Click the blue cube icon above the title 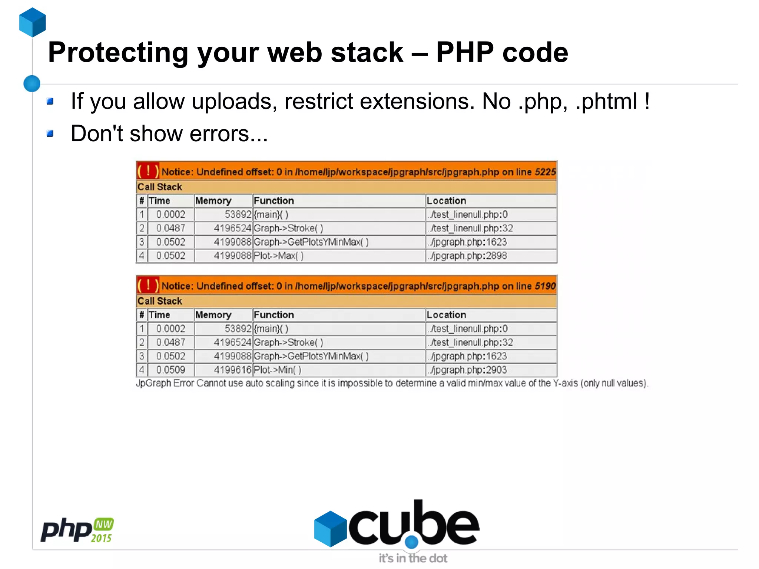33,22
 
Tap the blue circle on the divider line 32,83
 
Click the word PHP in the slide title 465,52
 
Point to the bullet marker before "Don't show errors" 50,133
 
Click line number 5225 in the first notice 545,172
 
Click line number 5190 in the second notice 545,286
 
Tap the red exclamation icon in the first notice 148,171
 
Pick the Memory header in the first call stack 213,201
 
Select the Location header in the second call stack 446,315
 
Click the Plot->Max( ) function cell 279,256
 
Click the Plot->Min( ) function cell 278,370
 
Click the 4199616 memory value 232,370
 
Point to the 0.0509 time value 170,370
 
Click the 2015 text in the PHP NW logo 101,538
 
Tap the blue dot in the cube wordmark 411,542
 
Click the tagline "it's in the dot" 413,558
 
